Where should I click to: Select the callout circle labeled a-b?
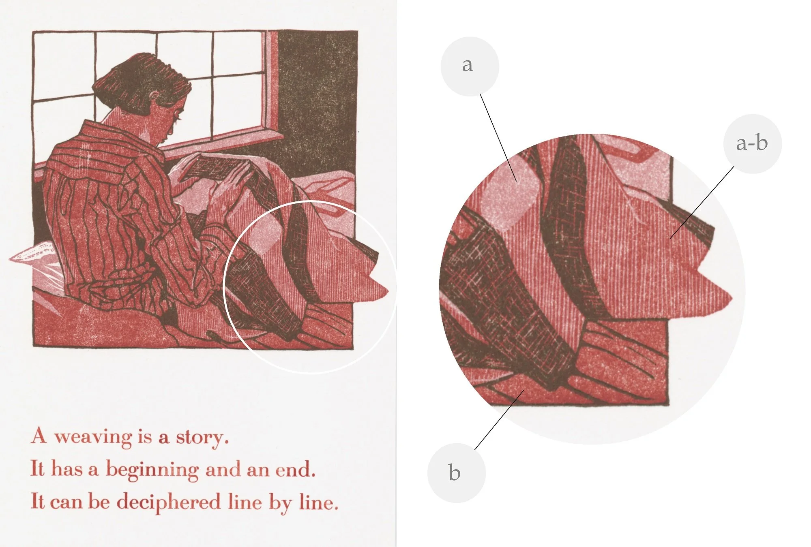click(x=753, y=144)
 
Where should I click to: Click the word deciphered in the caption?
click(x=168, y=502)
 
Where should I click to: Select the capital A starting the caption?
click(x=39, y=436)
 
